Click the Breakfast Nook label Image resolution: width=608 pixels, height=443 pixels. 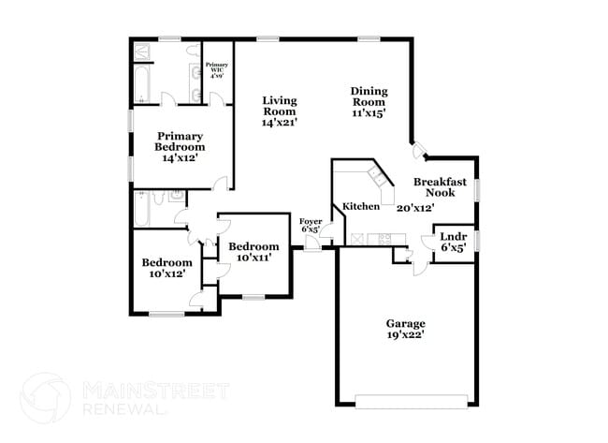[434, 186]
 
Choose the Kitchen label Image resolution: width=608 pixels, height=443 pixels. [360, 206]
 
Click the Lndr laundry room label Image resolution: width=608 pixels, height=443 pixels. [453, 236]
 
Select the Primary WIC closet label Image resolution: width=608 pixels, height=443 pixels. [216, 68]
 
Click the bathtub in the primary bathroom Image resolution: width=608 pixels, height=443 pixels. [141, 85]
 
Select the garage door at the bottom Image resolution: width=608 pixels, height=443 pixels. [412, 402]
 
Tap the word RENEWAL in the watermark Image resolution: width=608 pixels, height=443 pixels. [124, 409]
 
